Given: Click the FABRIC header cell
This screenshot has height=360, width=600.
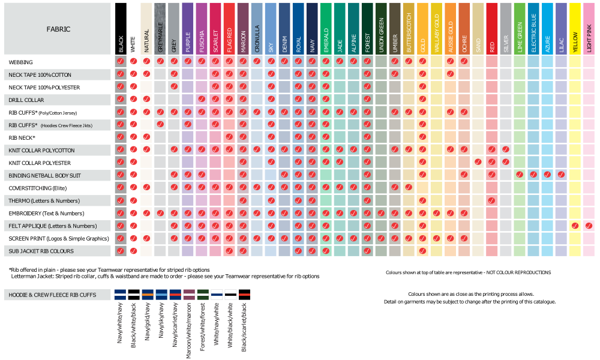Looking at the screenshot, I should (x=58, y=29).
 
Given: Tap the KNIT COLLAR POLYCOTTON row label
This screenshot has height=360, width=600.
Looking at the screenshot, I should (x=41, y=150).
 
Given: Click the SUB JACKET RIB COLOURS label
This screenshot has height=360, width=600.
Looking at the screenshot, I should (x=41, y=251).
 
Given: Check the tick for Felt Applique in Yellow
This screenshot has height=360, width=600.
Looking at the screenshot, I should (x=575, y=226).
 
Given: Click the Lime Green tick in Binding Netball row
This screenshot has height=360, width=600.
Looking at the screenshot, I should (x=520, y=175).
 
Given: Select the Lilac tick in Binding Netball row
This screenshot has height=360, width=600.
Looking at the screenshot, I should (x=561, y=175).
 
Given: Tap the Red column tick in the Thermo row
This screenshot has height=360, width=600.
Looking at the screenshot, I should (x=492, y=200).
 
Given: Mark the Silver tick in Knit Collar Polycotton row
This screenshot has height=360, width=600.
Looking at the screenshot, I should (x=506, y=149).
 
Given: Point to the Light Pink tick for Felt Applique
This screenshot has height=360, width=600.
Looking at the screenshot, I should (x=589, y=226).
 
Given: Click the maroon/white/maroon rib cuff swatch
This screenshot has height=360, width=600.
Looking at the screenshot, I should (x=189, y=295).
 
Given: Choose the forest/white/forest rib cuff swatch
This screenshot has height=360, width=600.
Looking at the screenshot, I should (x=203, y=295).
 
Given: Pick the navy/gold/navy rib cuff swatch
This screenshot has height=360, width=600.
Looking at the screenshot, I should (x=148, y=295).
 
